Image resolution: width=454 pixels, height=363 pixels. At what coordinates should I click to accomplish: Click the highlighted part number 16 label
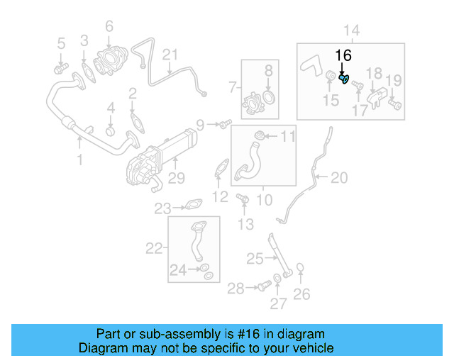343,55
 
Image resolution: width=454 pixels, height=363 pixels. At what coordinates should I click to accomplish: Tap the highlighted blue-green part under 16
344,79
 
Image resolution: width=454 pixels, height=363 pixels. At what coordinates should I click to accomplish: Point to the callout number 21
170,55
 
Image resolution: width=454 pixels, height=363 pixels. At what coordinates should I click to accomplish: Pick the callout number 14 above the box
352,30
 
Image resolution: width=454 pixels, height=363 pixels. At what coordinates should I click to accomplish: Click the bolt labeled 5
59,68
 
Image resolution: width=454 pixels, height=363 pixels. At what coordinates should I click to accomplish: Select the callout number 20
340,177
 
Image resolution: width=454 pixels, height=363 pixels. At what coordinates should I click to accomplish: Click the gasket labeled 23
192,207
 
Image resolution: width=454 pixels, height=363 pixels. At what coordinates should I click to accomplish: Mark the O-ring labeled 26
301,269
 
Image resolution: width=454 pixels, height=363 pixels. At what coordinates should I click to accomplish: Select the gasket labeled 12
222,169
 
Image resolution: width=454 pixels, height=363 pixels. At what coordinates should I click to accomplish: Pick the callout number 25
254,259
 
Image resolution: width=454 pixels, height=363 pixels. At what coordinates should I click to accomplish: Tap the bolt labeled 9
224,125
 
